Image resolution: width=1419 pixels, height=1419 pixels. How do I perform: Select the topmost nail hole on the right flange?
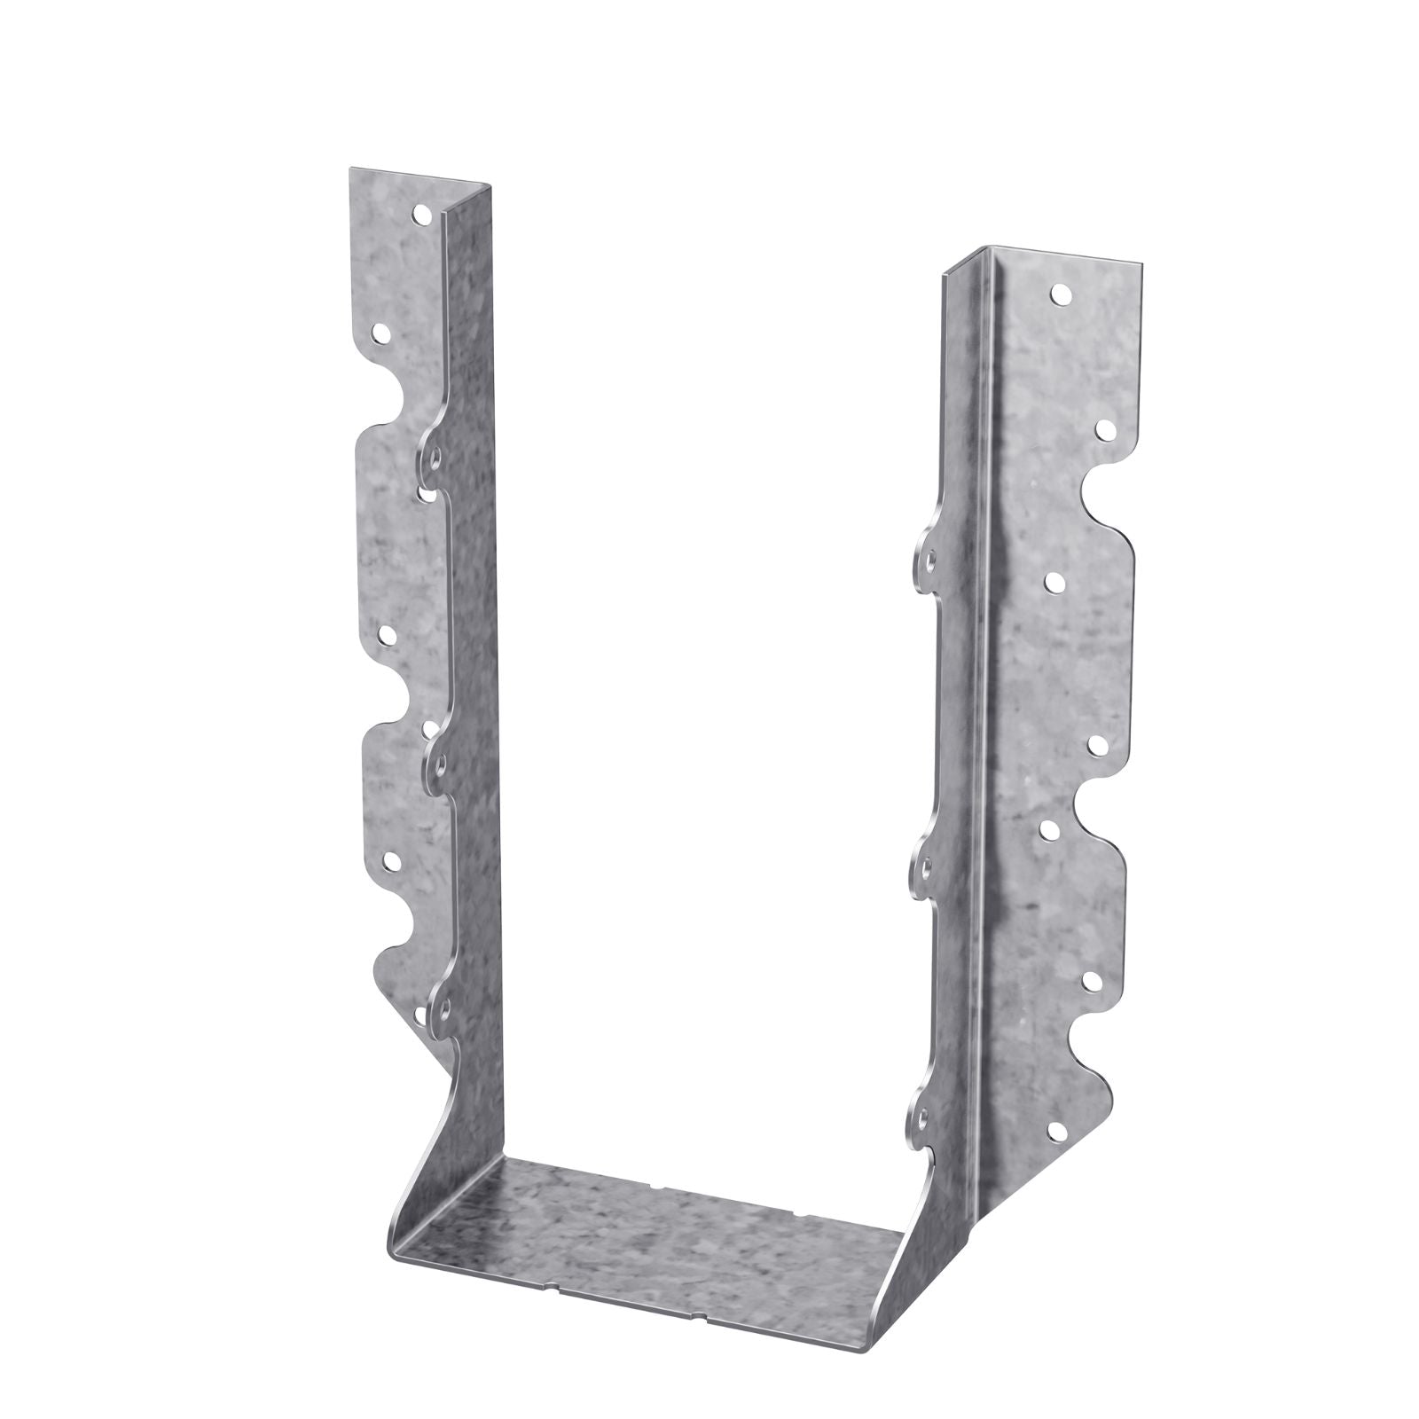1058,293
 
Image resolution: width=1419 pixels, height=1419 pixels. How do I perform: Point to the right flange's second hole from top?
1104,430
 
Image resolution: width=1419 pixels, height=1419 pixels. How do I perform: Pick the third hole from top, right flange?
1056,582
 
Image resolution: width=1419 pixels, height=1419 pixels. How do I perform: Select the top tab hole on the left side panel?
434,458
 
